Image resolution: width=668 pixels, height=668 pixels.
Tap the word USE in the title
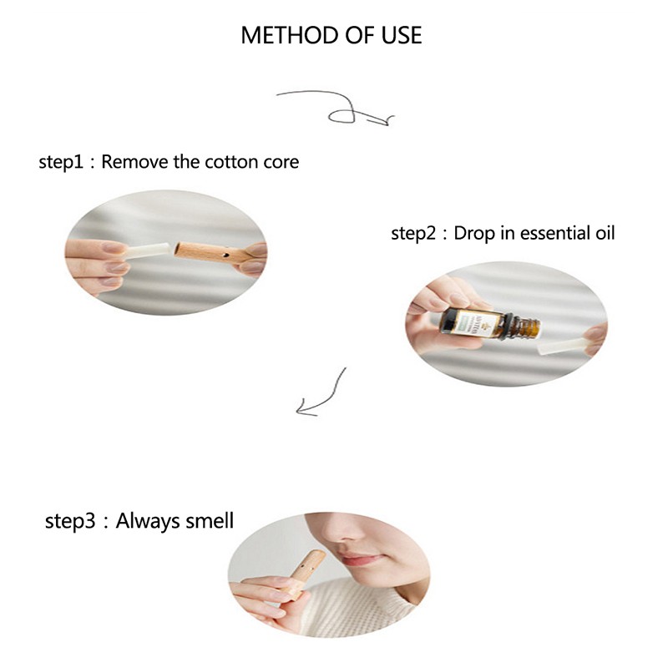[x=402, y=35]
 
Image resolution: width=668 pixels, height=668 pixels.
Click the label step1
[x=61, y=162]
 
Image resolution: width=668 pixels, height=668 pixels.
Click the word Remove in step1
[x=134, y=162]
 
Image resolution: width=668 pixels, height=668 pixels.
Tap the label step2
[x=413, y=234]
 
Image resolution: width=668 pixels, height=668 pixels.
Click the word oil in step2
[x=605, y=233]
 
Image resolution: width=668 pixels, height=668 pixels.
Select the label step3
[x=70, y=521]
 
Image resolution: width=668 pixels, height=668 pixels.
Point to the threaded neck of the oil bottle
[x=527, y=327]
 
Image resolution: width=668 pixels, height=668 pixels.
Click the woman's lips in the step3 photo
[x=365, y=558]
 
